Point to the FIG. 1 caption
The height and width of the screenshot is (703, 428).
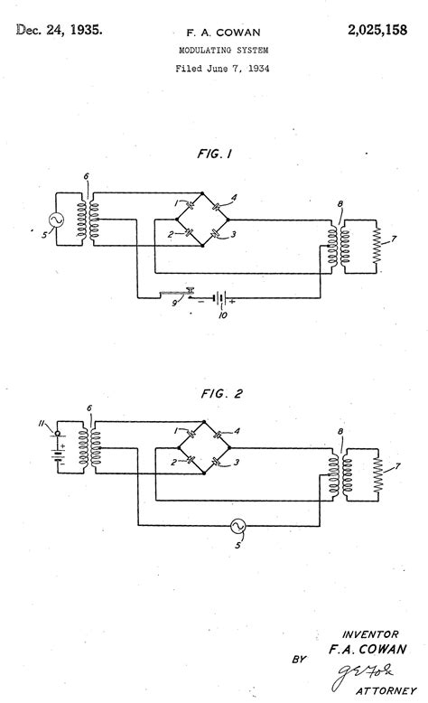click(214, 155)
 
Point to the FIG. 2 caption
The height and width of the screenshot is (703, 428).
click(214, 394)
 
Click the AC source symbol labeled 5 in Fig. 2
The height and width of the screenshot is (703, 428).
click(238, 528)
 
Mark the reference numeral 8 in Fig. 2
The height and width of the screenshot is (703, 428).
click(339, 436)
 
